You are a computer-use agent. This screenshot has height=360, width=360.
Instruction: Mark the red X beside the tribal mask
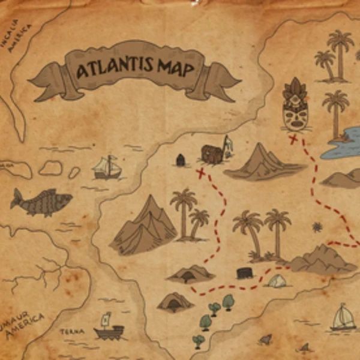[x=293, y=140]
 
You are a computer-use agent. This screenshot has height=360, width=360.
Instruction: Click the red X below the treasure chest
[x=201, y=173]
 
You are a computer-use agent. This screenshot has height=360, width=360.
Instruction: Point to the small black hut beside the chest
[x=180, y=160]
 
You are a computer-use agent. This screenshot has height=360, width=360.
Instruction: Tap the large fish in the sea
[x=41, y=202]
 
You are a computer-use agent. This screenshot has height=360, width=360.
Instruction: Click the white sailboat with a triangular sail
[x=343, y=318]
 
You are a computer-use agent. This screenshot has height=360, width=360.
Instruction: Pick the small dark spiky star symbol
[x=317, y=227]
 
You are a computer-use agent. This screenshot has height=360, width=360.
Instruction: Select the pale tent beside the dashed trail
[x=277, y=280]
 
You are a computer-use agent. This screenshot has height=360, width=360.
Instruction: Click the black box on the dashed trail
[x=244, y=273]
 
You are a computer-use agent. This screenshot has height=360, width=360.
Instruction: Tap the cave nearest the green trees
[x=175, y=302]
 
